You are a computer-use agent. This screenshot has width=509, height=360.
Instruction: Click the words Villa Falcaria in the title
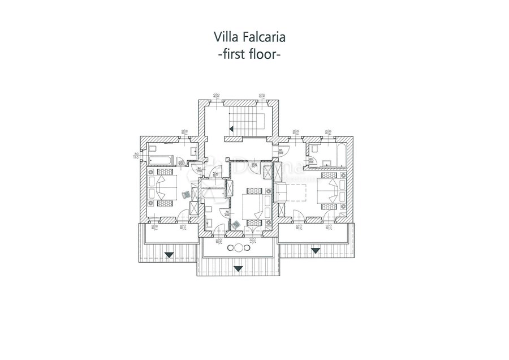pos(249,37)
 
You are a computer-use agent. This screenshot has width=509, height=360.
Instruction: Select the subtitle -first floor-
pos(249,55)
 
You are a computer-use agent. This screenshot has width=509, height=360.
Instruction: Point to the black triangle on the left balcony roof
pos(168,255)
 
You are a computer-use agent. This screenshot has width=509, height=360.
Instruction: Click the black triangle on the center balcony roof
pos(238,268)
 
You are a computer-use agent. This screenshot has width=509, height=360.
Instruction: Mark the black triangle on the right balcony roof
pos(315,250)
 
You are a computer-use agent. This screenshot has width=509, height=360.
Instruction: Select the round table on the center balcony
pos(239,248)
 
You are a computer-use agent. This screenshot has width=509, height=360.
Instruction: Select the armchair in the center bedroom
pos(236,225)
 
